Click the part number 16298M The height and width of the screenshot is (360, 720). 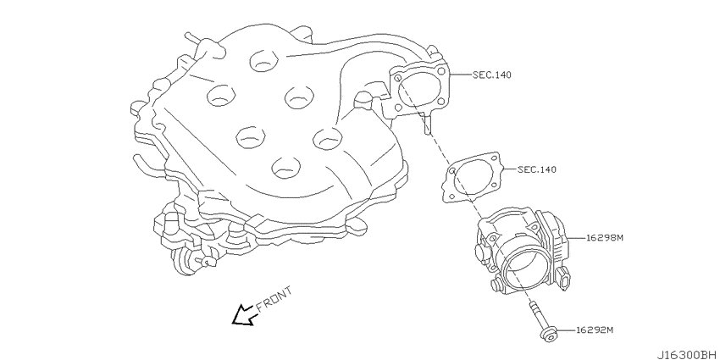604,238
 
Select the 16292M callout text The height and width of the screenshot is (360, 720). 595,330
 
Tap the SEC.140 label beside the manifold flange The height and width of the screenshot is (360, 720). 492,75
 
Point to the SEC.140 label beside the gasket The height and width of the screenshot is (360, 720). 537,169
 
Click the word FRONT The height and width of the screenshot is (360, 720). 274,299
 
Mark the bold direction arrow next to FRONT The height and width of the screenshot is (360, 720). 243,315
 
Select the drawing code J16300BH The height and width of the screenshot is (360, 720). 688,355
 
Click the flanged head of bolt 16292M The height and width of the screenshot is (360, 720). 548,334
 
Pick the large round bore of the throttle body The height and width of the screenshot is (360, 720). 523,269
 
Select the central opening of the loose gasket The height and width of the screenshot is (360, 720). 473,177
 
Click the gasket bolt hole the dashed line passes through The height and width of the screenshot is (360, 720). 451,171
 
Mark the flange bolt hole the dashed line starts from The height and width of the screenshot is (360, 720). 397,79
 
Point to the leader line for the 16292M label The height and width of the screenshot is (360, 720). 566,330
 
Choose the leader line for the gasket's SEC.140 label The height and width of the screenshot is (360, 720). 509,169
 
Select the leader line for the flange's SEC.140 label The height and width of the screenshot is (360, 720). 460,75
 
